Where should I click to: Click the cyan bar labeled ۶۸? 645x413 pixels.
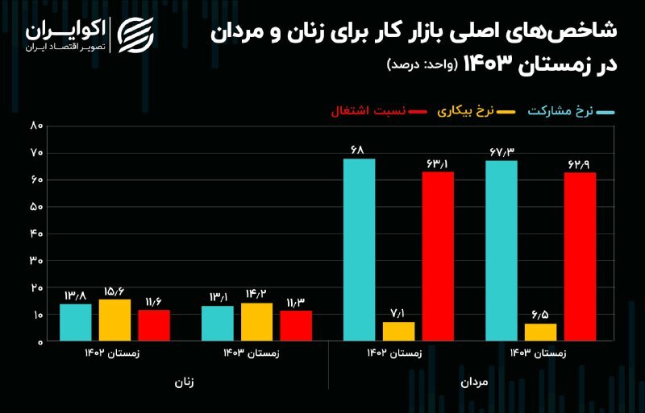point(359,250)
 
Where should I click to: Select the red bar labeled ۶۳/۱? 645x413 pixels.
point(438,256)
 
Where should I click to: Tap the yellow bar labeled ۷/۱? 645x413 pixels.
point(398,332)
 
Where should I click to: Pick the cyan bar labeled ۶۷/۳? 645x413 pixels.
point(501,250)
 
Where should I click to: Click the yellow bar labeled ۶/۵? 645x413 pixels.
point(540,332)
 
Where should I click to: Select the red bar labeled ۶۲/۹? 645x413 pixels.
point(580,257)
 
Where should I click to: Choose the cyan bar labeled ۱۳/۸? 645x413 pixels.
point(75,322)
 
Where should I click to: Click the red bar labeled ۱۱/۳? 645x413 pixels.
point(296,326)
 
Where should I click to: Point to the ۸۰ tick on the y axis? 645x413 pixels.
point(36,126)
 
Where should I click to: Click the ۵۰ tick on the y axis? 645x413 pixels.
point(36,207)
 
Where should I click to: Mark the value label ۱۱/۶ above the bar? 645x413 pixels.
point(153,300)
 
